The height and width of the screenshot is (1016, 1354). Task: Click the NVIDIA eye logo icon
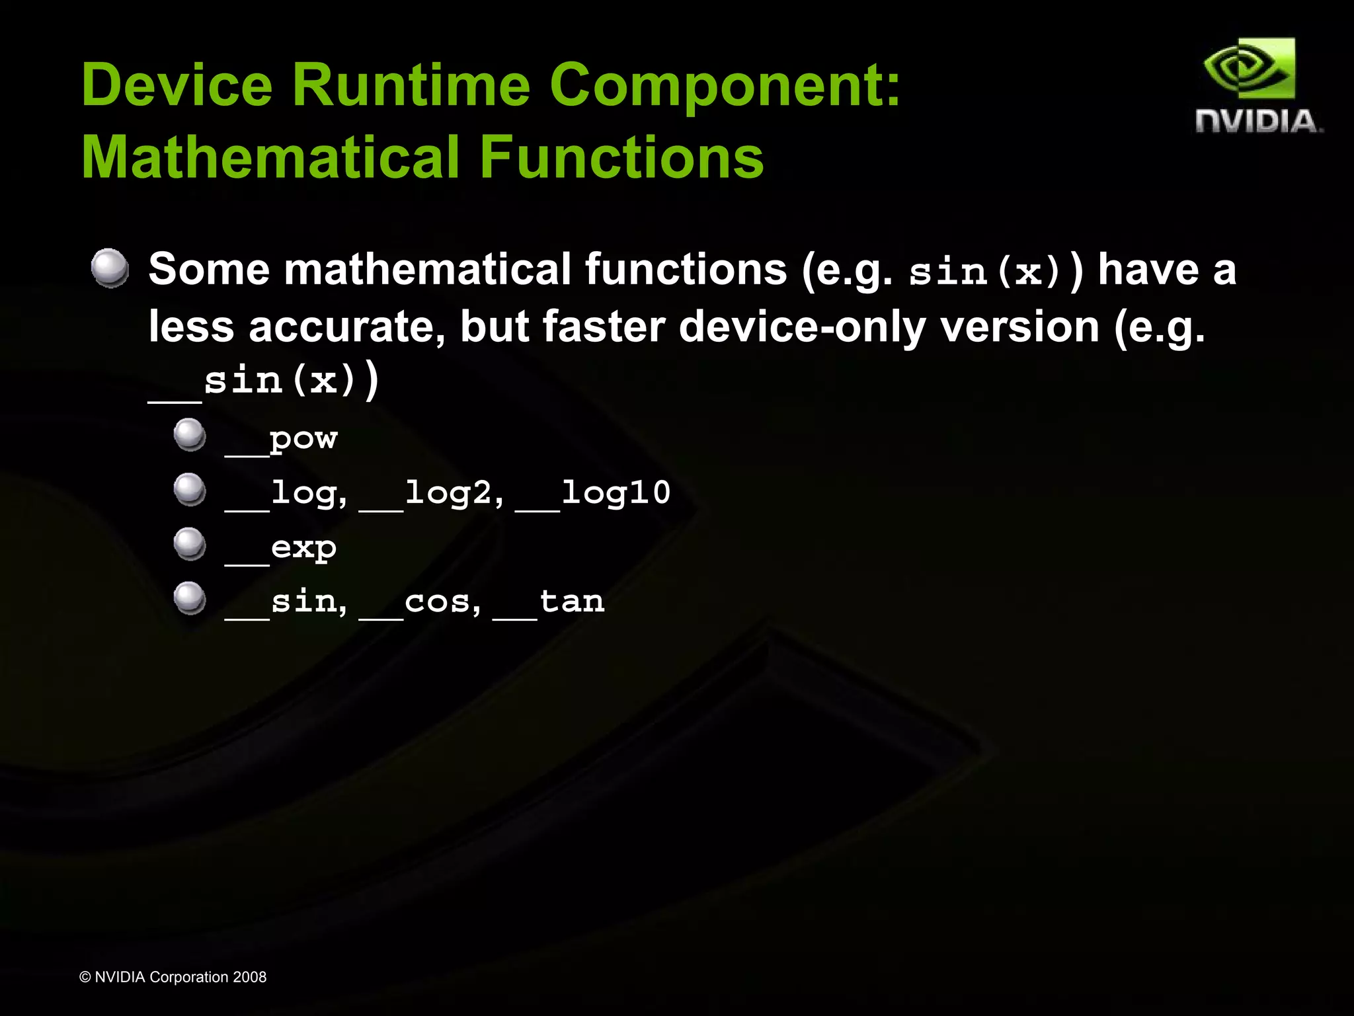click(x=1249, y=69)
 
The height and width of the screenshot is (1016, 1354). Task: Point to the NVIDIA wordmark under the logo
click(x=1258, y=122)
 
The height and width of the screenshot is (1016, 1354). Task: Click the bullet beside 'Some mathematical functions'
click(x=110, y=268)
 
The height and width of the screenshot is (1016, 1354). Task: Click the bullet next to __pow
click(x=190, y=435)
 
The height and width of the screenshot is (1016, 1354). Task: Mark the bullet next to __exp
click(x=190, y=544)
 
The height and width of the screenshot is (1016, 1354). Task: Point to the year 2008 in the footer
click(x=249, y=977)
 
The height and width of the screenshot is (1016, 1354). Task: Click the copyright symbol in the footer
click(x=85, y=977)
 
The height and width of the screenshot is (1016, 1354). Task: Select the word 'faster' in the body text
click(x=603, y=327)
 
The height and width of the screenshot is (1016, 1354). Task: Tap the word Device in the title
click(x=177, y=85)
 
